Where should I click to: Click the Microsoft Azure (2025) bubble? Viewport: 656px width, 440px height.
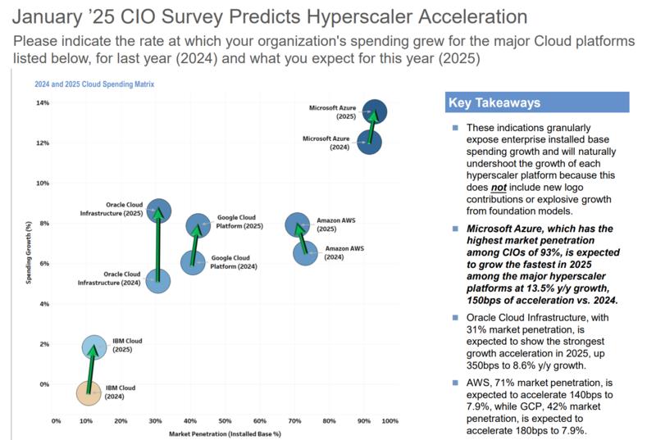[375, 111]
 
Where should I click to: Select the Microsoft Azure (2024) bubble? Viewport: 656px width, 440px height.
[369, 142]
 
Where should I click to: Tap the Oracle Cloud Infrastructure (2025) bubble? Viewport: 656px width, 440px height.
[159, 211]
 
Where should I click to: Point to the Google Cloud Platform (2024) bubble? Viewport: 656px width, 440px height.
[193, 262]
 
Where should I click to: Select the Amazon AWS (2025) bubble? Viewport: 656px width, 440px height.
[298, 225]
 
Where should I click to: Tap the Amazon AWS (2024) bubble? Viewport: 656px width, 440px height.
[306, 253]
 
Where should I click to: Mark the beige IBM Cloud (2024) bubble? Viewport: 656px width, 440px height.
[89, 393]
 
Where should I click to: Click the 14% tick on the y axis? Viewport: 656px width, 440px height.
[43, 103]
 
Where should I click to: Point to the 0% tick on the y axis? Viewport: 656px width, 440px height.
[44, 384]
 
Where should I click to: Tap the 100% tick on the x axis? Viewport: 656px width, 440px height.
[390, 421]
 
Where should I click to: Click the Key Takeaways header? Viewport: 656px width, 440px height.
[494, 102]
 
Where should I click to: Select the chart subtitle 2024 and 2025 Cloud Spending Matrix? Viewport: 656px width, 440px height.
[94, 84]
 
